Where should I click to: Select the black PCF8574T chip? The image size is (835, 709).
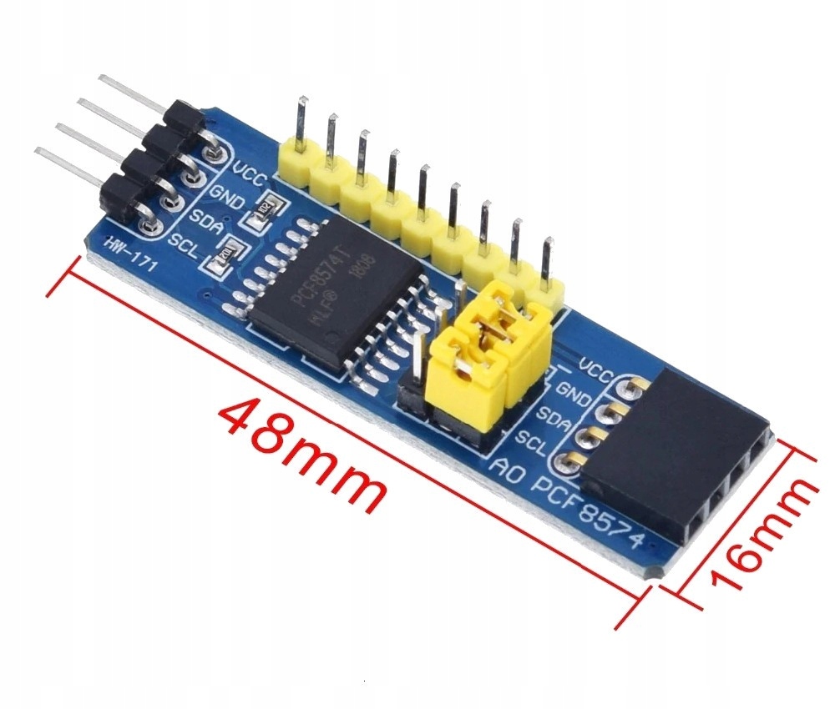click(334, 284)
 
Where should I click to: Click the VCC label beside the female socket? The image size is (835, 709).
click(596, 370)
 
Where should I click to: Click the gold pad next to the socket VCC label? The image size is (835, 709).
click(637, 385)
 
